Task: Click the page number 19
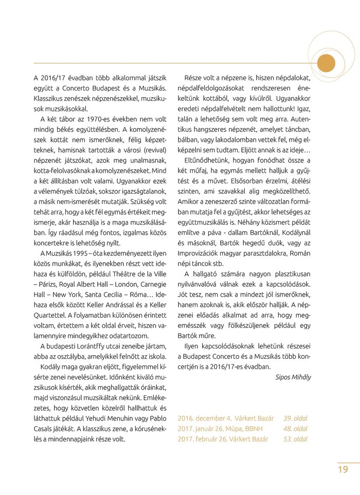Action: point(343,469)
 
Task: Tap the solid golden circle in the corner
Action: point(326,63)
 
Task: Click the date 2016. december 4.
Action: point(205,418)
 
